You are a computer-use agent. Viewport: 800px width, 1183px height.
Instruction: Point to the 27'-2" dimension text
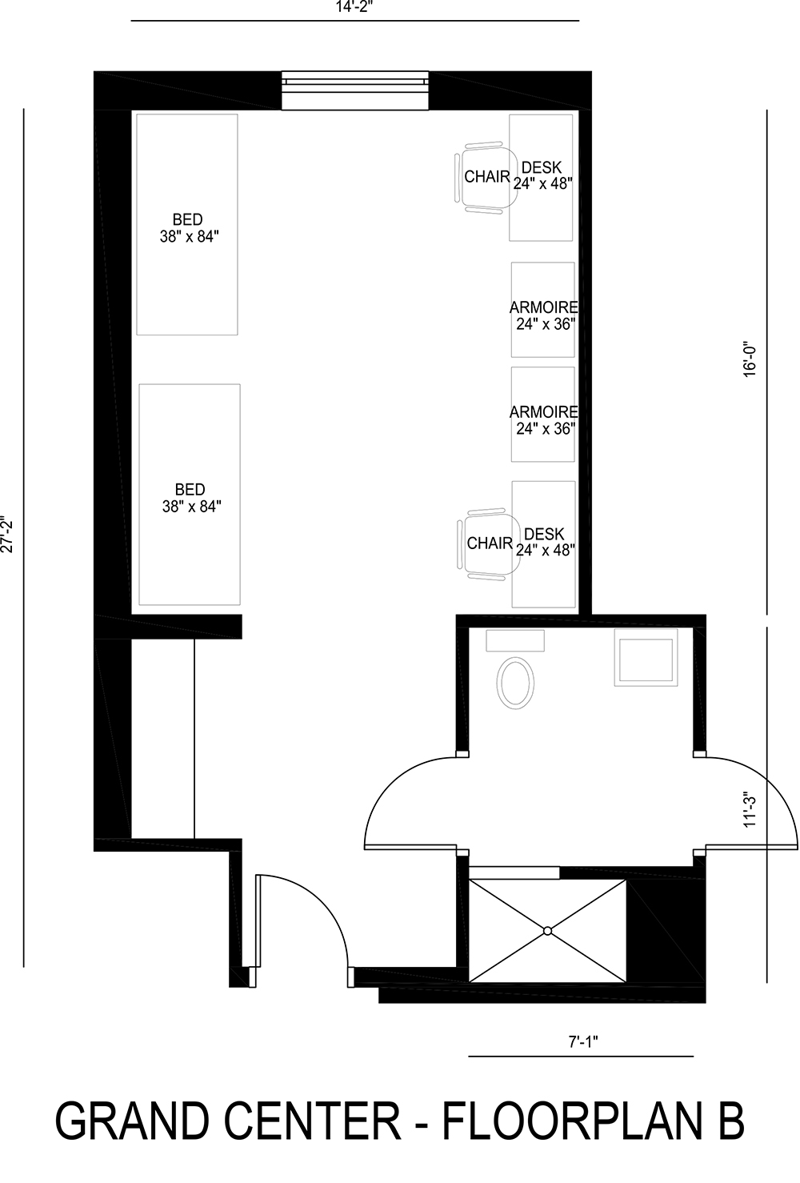(9, 534)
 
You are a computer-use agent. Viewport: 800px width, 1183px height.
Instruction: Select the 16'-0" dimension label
(750, 359)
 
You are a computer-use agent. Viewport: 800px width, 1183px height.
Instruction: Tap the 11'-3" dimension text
(750, 810)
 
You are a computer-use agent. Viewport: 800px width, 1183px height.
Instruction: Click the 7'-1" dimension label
(583, 1041)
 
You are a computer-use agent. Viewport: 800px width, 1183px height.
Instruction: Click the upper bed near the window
(187, 224)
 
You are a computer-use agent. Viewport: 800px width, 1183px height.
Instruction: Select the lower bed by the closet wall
(190, 495)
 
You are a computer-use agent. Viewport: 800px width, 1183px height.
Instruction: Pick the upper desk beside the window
(542, 176)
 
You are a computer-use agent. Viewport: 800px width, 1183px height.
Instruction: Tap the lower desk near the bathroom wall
(544, 542)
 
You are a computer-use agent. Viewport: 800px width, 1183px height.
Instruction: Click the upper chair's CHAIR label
(486, 177)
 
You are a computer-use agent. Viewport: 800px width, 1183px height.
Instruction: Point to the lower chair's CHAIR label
(489, 543)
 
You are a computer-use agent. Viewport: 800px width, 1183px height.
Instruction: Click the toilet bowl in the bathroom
(516, 683)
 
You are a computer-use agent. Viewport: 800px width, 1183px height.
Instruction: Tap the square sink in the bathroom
(645, 656)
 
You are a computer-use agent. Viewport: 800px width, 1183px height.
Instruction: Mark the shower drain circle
(547, 930)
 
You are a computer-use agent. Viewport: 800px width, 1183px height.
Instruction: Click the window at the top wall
(355, 90)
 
